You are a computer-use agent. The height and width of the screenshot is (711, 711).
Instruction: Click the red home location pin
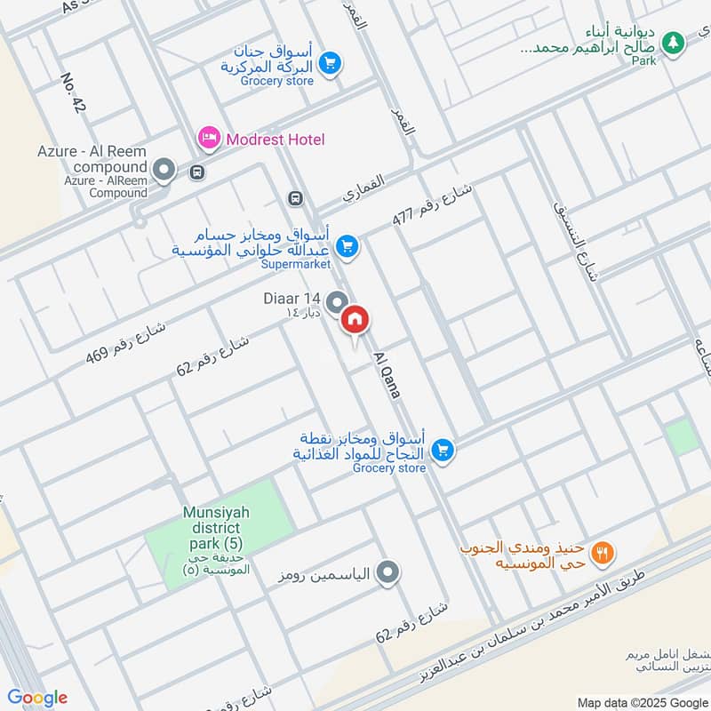point(355,319)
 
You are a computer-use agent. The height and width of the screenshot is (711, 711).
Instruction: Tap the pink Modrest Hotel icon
point(209,139)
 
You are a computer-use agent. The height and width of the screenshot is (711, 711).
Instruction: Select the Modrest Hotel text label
point(275,140)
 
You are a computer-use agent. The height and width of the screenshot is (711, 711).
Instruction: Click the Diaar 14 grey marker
point(336,303)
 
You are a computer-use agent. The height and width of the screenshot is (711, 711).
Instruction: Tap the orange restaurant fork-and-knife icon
point(604,552)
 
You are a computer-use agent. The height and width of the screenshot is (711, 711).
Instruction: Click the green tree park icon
point(674,41)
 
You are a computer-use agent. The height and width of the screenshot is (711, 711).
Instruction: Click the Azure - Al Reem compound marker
point(164,169)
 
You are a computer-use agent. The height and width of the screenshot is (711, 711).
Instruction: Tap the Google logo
point(37,698)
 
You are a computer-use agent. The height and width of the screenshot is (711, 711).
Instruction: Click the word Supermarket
point(295,264)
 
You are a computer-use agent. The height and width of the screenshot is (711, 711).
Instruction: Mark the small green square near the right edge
point(682,437)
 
